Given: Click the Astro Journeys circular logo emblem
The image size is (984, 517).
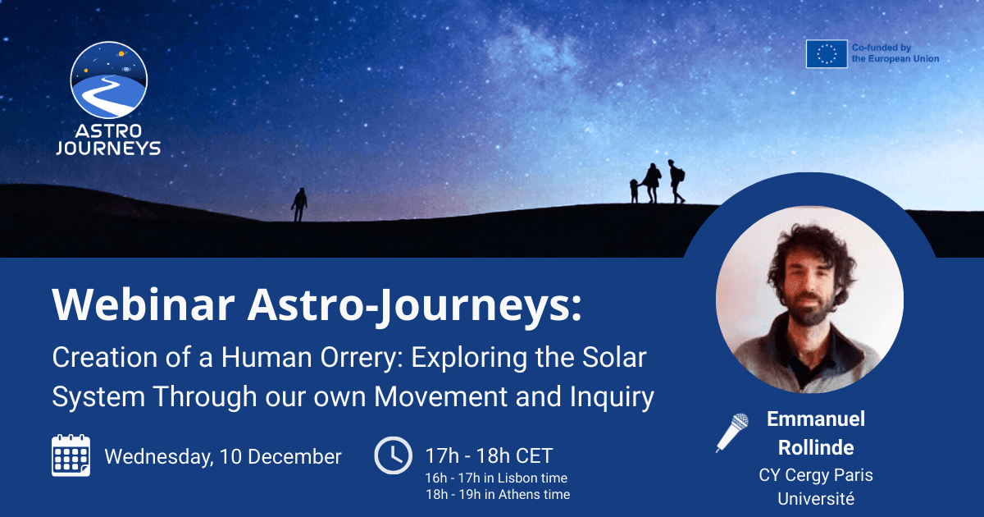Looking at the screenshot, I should click(109, 80).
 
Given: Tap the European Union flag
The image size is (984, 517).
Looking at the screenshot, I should click(826, 53).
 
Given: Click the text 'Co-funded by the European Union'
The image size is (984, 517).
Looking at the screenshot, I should click(895, 53).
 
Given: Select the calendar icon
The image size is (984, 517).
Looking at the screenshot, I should click(71, 455).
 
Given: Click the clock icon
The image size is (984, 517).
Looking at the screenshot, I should click(394, 455).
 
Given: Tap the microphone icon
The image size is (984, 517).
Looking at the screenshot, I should click(731, 432).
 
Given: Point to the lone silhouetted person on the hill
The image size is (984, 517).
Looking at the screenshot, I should click(299, 204).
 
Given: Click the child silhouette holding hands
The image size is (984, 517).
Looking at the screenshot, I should click(634, 191).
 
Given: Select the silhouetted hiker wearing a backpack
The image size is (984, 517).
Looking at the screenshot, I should click(676, 181).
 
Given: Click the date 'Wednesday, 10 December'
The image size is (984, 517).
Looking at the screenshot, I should click(223, 456).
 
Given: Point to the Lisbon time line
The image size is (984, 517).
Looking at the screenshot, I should click(495, 478).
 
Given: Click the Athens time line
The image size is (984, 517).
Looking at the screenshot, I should click(497, 494).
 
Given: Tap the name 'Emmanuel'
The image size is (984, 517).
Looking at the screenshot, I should click(815, 419).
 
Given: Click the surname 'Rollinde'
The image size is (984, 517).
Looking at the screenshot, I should click(815, 447).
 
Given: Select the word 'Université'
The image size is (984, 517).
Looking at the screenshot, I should click(815, 498).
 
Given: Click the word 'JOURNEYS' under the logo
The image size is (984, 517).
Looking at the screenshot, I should click(109, 148).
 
